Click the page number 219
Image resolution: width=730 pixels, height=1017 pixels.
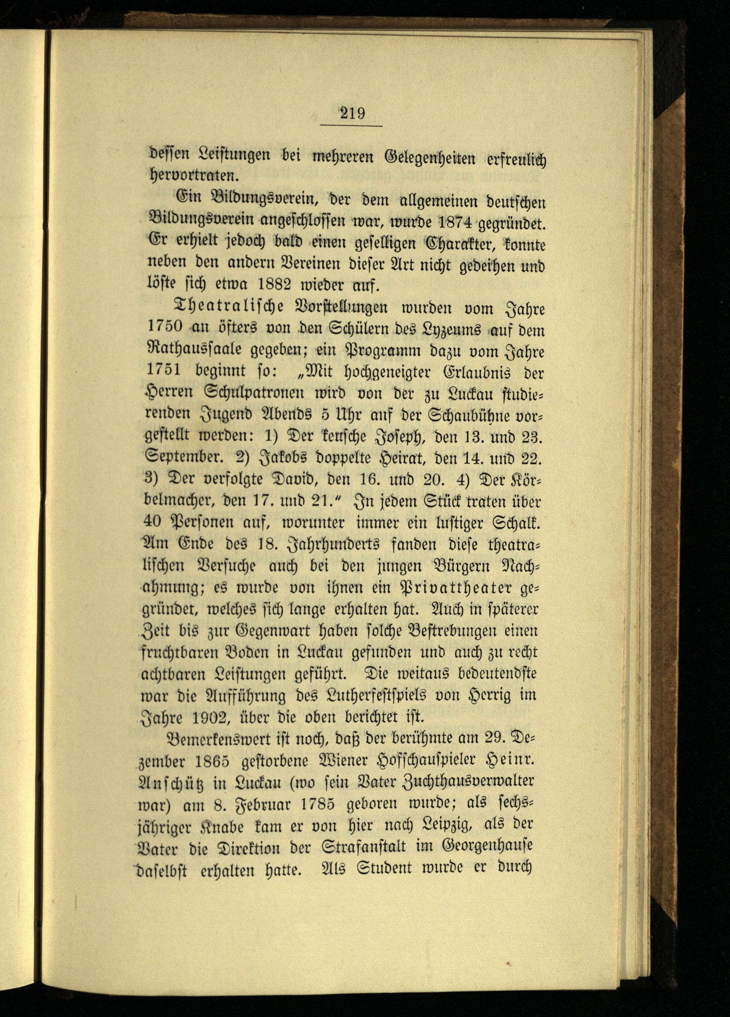pos(352,112)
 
